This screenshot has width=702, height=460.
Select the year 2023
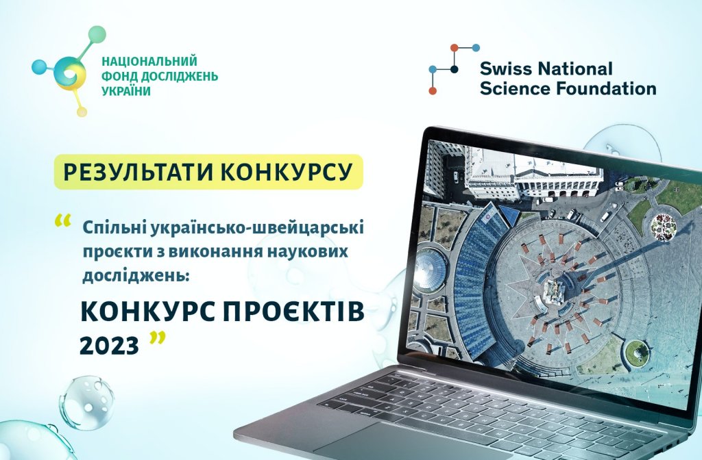tap(109, 346)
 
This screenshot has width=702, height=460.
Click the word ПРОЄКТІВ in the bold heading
tap(293, 312)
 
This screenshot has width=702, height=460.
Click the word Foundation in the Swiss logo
tap(606, 88)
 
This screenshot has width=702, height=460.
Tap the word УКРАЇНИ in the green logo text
tap(126, 91)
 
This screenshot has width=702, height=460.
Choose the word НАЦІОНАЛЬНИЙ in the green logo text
tap(149, 61)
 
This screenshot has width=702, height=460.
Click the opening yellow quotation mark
tap(62, 221)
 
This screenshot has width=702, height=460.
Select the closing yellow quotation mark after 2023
tap(157, 337)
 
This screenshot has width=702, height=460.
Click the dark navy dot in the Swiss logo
tap(455, 69)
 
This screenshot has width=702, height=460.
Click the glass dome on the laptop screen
tap(431, 270)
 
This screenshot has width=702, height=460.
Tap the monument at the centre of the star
tap(552, 291)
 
